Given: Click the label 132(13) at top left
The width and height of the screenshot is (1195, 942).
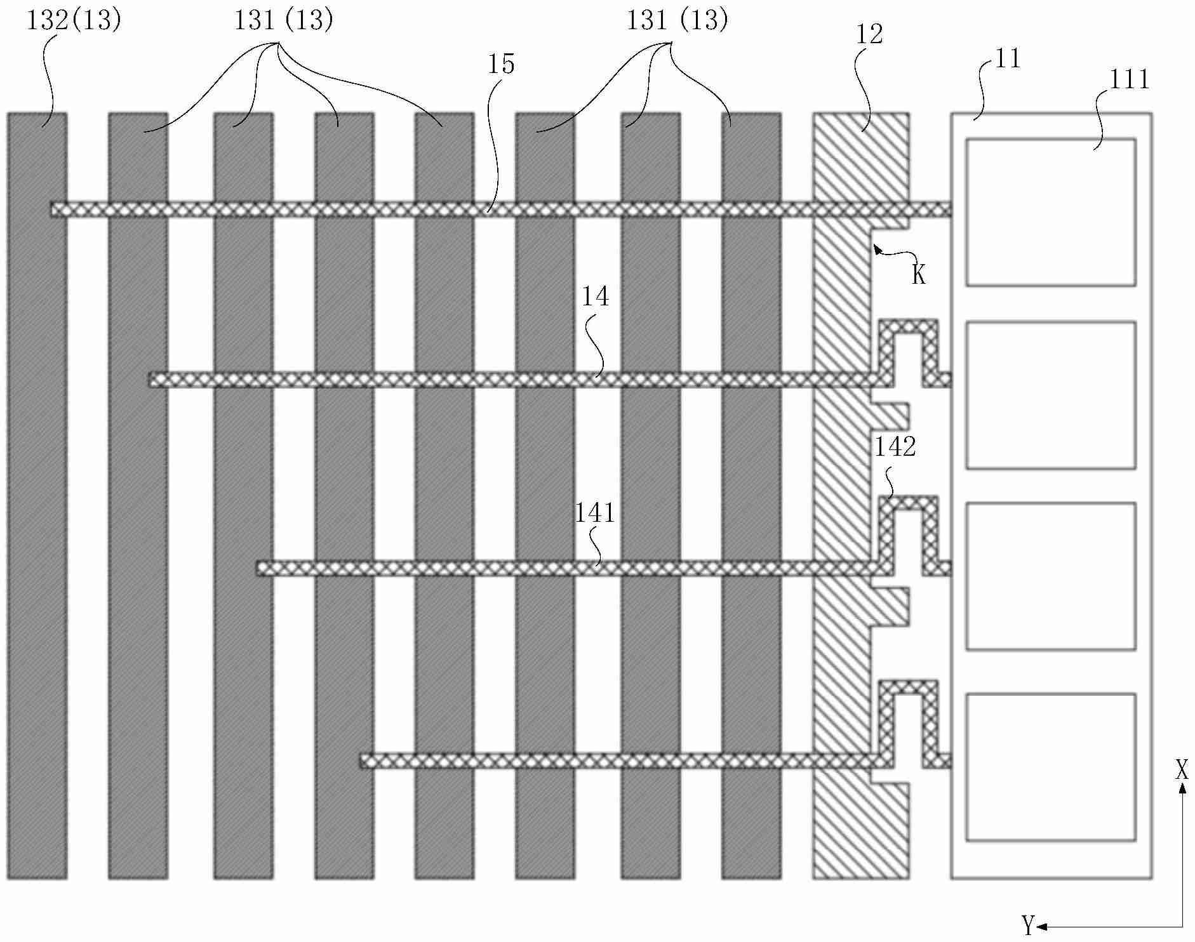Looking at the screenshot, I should click(x=73, y=20).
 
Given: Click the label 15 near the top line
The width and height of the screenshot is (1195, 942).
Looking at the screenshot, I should click(x=501, y=64).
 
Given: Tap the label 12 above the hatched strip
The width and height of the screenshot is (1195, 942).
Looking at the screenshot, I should click(x=869, y=34).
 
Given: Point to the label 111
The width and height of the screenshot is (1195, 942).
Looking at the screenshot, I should click(x=1129, y=79).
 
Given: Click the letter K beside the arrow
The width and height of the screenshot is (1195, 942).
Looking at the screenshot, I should click(x=919, y=274).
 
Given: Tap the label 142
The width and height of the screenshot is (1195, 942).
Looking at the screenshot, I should click(x=895, y=447).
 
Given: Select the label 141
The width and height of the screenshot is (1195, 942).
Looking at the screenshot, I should click(x=594, y=513).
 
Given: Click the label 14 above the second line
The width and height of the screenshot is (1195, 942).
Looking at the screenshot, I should click(x=595, y=296).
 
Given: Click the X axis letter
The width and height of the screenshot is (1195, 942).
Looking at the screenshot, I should click(x=1181, y=771).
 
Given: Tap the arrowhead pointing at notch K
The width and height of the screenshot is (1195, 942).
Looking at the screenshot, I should click(x=877, y=248).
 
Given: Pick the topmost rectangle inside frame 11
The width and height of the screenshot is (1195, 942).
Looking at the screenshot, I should click(x=1051, y=212).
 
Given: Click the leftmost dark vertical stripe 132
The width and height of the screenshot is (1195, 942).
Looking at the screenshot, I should click(x=37, y=495).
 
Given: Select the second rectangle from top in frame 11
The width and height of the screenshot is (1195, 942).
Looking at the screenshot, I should click(x=1051, y=395).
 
